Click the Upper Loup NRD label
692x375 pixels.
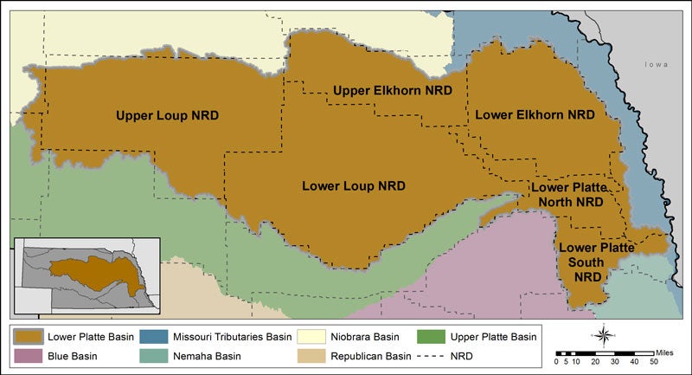coord(167,114)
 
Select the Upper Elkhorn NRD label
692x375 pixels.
coord(394,90)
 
